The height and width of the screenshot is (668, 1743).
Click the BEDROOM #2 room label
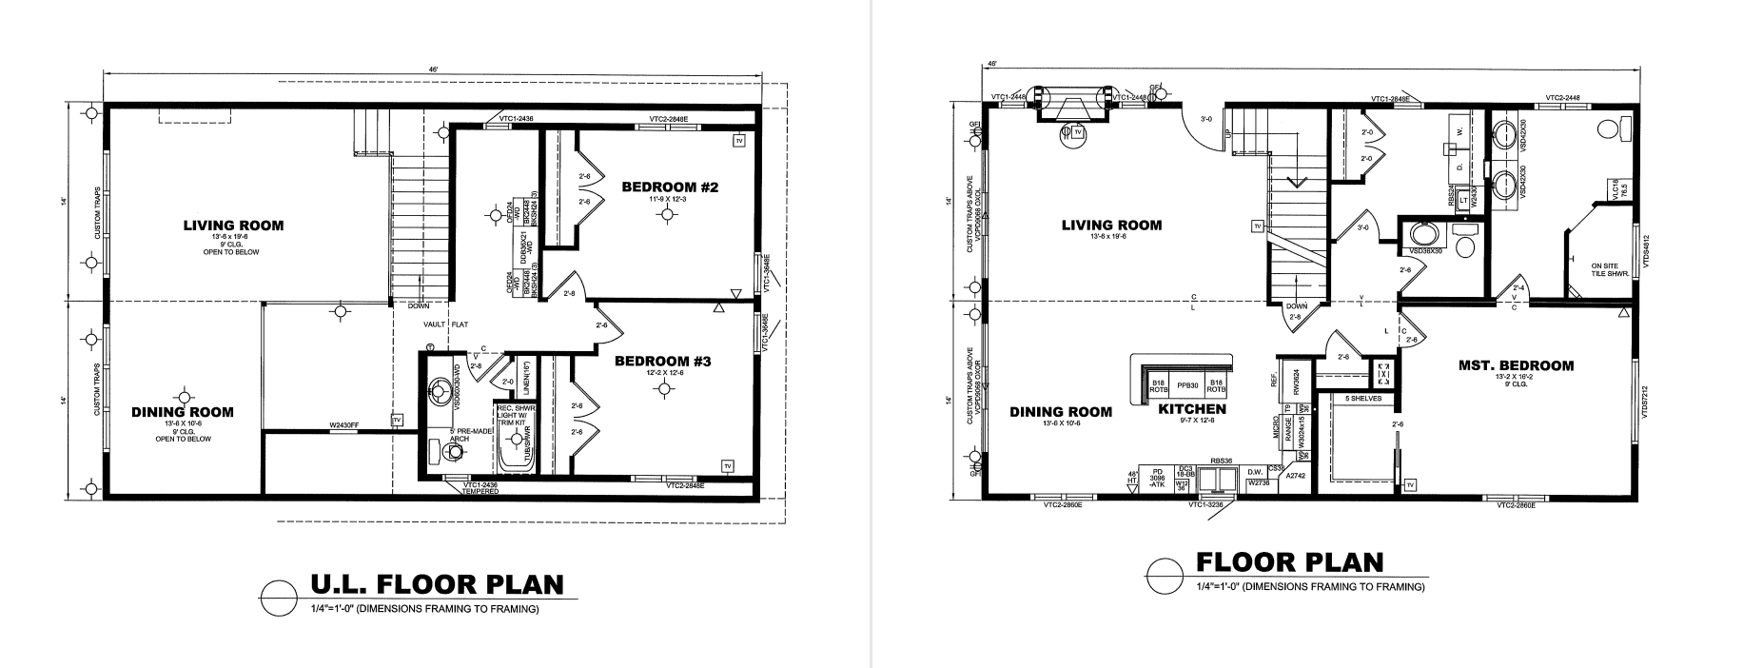[669, 187]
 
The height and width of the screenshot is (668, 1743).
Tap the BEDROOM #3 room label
[662, 362]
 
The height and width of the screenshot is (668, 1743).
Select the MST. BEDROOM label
[1516, 365]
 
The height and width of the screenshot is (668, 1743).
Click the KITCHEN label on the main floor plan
[1191, 410]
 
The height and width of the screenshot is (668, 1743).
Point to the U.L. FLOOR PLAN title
[438, 583]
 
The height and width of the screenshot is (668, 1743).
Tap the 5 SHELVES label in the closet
[1364, 398]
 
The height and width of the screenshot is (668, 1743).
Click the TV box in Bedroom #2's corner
[738, 141]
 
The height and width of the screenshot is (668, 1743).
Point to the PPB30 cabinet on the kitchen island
[1186, 385]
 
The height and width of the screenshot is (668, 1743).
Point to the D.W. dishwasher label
[1255, 471]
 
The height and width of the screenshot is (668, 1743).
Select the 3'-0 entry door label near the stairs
[1206, 119]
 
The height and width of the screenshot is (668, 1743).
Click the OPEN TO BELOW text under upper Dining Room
[186, 439]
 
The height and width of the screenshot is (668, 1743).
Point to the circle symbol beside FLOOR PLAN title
[1165, 575]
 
